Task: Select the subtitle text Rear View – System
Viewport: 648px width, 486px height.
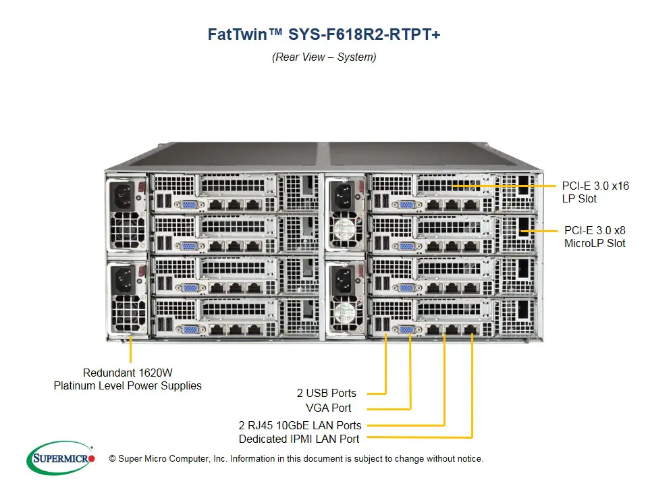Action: pyautogui.click(x=324, y=57)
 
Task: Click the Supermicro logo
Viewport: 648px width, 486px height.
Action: pyautogui.click(x=60, y=458)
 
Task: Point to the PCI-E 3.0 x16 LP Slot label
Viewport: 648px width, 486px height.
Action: pyautogui.click(x=595, y=192)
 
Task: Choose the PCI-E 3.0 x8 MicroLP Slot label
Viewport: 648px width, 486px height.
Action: pyautogui.click(x=595, y=236)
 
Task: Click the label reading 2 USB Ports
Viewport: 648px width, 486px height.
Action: pyautogui.click(x=326, y=393)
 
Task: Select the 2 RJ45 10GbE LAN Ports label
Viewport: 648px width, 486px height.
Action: pyautogui.click(x=300, y=425)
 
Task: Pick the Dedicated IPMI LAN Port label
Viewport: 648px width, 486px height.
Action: pyautogui.click(x=299, y=439)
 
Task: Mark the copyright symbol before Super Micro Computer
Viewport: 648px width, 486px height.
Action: pyautogui.click(x=103, y=459)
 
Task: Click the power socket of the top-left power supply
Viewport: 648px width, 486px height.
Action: pyautogui.click(x=126, y=195)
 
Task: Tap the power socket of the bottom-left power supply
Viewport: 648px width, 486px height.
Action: pyautogui.click(x=126, y=278)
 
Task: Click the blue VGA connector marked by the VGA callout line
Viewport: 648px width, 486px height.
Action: pyautogui.click(x=407, y=329)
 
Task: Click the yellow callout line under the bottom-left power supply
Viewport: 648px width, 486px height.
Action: pyautogui.click(x=130, y=350)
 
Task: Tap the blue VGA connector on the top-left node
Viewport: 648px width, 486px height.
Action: pyautogui.click(x=189, y=204)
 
